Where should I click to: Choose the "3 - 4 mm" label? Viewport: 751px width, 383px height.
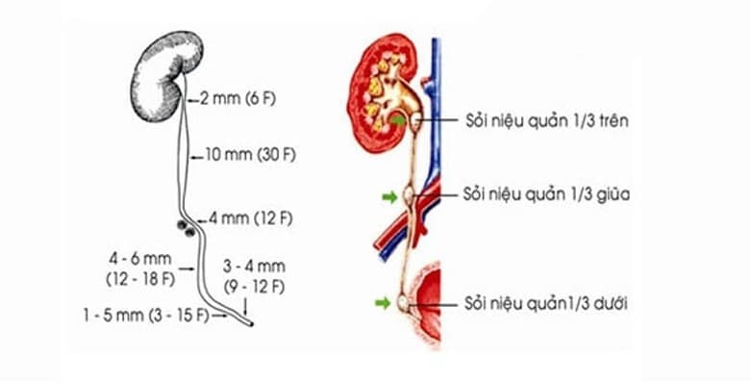click(x=254, y=267)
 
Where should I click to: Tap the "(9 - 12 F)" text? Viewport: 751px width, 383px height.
click(x=254, y=285)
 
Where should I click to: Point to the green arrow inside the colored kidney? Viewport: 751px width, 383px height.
click(x=396, y=120)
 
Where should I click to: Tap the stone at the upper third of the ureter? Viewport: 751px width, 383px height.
click(x=414, y=123)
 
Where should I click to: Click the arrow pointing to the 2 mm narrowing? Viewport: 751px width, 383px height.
click(x=193, y=97)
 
